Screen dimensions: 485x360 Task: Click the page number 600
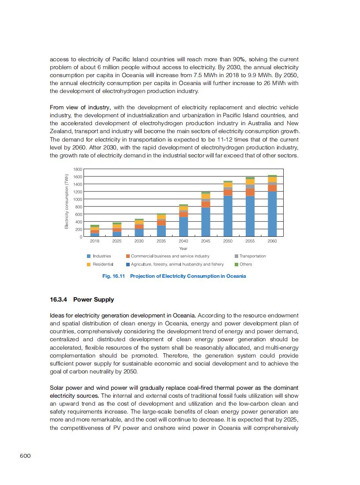pos(25,456)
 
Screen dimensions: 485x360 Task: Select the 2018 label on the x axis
pos(94,241)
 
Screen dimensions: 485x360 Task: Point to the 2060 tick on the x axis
pos(272,241)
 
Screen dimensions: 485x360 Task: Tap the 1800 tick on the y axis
pos(77,169)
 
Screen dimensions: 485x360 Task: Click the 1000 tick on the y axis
pos(77,199)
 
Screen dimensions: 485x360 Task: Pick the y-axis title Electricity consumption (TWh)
pos(67,201)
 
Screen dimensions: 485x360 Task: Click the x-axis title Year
pos(183,249)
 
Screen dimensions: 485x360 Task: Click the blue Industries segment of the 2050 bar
pos(228,216)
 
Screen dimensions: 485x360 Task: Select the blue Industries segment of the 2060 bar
pos(272,214)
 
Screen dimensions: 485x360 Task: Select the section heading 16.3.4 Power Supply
pos(82,300)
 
